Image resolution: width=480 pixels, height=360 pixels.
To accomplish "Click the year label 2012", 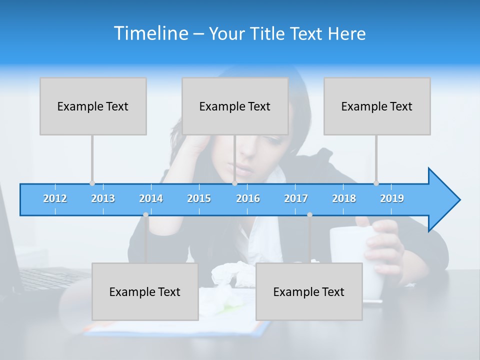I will point(55,198).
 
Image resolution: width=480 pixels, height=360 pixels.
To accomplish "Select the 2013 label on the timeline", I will point(103,198).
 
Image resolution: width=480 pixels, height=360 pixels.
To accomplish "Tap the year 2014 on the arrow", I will point(151,198).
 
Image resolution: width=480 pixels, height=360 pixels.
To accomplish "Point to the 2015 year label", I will point(199,198).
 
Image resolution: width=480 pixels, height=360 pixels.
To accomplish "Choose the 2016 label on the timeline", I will point(248,198).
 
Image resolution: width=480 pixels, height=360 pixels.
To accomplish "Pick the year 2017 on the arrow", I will point(296,198).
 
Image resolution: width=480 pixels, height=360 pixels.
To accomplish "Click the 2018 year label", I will point(344,198).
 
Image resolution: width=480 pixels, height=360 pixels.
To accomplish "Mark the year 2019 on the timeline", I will point(392,198).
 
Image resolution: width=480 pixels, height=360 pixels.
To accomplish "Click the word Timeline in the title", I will point(150,33).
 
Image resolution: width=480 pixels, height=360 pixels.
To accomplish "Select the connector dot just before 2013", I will point(92,183).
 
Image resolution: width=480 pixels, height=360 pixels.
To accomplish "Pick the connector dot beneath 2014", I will point(145,214).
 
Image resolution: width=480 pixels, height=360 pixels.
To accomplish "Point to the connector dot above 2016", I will point(234,183).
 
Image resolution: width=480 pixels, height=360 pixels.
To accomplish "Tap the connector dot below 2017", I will point(309,214).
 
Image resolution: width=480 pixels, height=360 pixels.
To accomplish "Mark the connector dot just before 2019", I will point(376,183).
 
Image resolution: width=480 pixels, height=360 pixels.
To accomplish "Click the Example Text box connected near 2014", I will point(145,291).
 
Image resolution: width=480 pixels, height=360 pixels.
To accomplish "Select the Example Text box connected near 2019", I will point(377,106).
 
